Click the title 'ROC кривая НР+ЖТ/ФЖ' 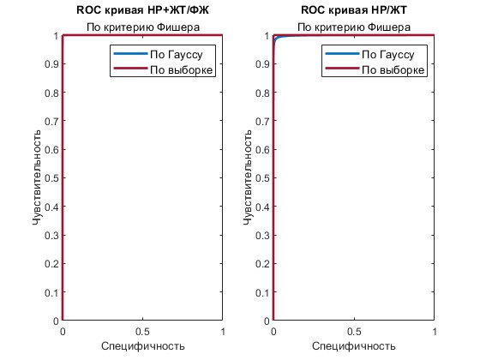click(142, 10)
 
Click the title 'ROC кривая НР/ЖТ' click(354, 10)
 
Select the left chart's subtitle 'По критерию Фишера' click(143, 27)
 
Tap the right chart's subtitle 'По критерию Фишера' click(354, 27)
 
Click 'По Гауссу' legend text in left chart click(177, 55)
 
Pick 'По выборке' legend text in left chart click(181, 69)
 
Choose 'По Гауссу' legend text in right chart click(387, 55)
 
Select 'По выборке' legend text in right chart click(393, 69)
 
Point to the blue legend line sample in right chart click(342, 53)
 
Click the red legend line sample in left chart click(130, 69)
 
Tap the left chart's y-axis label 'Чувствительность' click(36, 177)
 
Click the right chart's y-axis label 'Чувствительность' click(248, 177)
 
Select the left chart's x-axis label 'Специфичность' click(143, 346)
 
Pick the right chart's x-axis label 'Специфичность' click(354, 346)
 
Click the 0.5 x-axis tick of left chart click(142, 332)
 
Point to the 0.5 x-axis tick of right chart click(354, 332)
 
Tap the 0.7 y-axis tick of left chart click(51, 121)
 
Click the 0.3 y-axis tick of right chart click(262, 236)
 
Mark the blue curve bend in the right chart click(276, 39)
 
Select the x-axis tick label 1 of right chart click(435, 332)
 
